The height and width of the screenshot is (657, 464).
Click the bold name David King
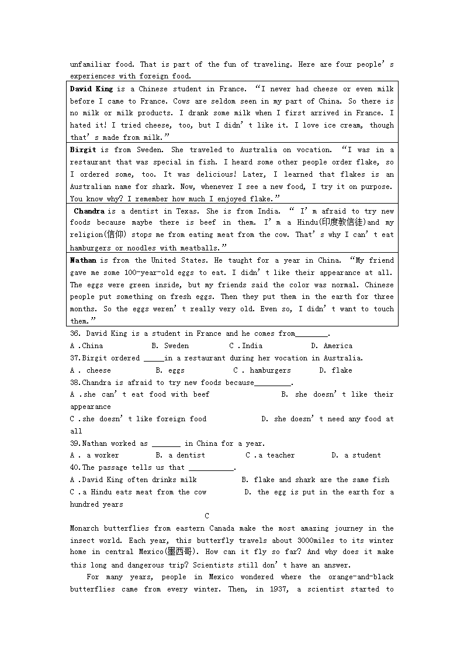[x=91, y=89]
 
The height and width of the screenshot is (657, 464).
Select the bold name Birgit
[x=83, y=150]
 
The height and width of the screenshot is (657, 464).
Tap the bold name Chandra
[x=89, y=211]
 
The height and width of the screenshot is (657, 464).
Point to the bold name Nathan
[x=83, y=260]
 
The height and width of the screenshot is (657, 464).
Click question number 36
[x=75, y=333]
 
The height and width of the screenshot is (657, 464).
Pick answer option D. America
[x=331, y=346]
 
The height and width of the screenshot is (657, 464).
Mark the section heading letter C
[x=207, y=516]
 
